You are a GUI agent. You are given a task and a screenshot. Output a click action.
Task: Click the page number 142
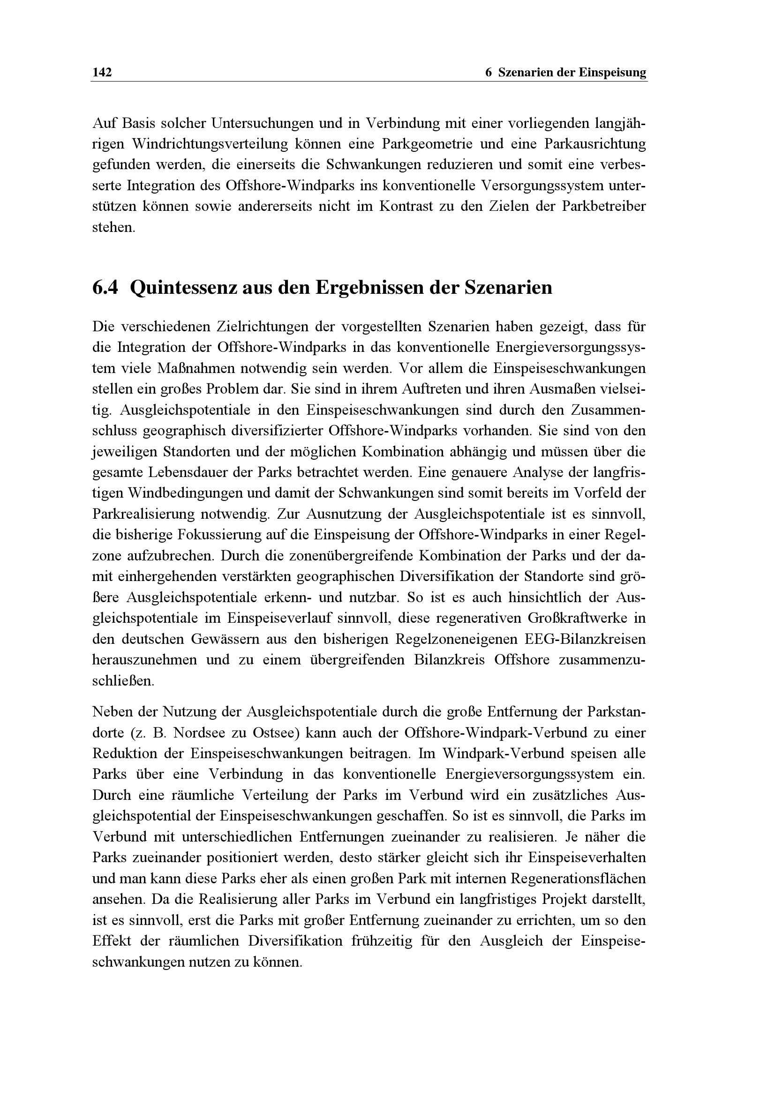coord(102,73)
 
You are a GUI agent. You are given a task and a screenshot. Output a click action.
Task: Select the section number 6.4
coord(105,288)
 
